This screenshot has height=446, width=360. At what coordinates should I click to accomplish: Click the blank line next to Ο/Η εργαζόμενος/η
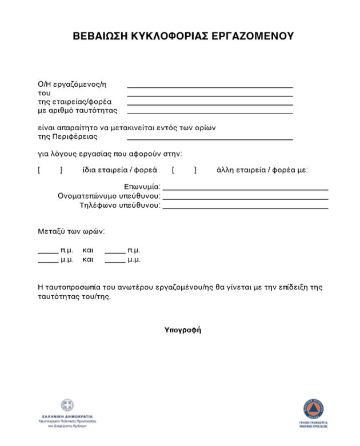point(210,87)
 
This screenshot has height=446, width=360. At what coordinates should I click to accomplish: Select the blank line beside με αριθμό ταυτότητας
point(210,113)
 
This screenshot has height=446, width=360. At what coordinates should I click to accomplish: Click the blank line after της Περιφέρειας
point(210,139)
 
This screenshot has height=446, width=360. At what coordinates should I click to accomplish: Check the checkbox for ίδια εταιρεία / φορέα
point(50,170)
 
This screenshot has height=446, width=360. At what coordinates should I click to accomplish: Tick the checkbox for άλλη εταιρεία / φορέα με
point(184,170)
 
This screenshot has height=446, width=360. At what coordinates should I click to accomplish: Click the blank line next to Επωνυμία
point(245,188)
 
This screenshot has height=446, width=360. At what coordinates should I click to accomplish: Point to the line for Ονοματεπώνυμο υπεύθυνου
point(245,198)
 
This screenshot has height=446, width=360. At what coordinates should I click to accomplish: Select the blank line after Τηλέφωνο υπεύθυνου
point(245,208)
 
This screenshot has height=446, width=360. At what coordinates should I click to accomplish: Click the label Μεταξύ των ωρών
point(71,231)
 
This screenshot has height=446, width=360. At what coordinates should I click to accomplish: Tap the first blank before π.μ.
point(48,251)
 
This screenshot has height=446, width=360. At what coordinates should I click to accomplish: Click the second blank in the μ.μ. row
point(115,261)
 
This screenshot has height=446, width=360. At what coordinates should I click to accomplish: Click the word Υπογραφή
point(183,330)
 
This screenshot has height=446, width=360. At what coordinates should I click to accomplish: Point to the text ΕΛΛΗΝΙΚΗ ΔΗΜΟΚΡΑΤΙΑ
point(67,417)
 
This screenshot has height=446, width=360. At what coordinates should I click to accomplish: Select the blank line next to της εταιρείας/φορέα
point(210,105)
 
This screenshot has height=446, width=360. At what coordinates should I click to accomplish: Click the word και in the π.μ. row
point(87,250)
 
